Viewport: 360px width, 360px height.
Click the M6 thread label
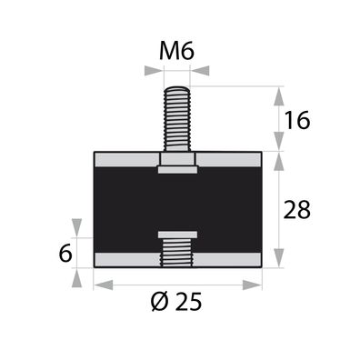[x=176, y=52]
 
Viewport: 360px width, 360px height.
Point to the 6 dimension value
[x=65, y=254]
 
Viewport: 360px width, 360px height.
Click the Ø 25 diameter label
[x=177, y=301]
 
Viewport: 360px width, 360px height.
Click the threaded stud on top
[x=176, y=118]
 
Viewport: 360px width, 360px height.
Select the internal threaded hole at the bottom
[x=176, y=254]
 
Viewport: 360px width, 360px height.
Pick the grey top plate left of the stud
[x=125, y=162]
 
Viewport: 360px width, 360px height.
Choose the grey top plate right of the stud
[x=229, y=162]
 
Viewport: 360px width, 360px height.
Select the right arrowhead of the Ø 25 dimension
[x=256, y=285]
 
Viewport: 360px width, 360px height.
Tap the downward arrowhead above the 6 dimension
[x=76, y=228]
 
